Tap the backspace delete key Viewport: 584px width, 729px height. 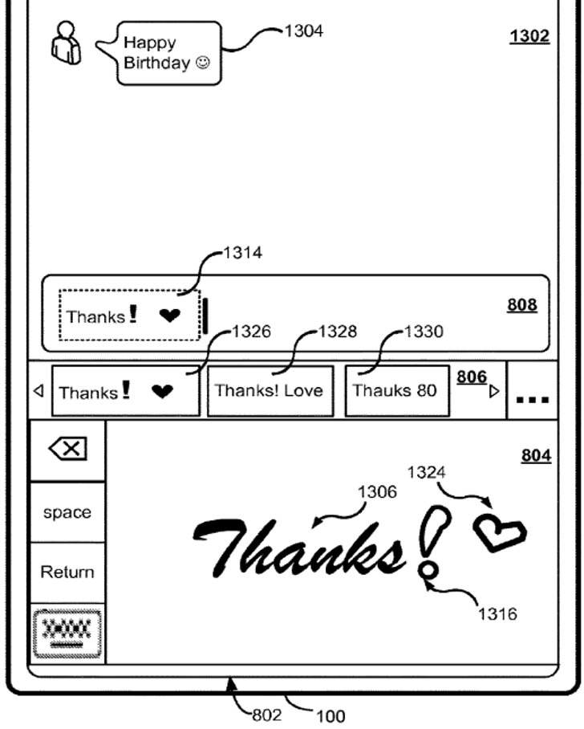68,449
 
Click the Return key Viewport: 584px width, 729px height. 68,572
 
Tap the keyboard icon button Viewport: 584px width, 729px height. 67,633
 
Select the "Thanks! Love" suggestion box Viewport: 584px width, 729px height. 270,391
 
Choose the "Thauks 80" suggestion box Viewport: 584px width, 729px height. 397,391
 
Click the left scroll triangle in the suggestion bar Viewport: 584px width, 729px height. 39,391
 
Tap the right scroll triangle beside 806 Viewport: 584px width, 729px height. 494,392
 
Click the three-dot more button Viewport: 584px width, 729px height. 533,399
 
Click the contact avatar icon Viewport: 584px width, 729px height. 66,43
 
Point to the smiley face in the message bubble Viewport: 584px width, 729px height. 203,63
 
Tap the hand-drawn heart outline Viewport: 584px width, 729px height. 500,531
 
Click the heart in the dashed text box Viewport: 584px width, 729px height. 169,316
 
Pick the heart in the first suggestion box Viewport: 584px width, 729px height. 162,392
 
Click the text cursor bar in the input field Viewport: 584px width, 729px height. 205,316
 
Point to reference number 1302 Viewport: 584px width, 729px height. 529,36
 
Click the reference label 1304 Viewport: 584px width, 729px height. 304,31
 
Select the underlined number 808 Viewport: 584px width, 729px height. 522,305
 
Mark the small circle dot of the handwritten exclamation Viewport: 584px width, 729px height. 428,569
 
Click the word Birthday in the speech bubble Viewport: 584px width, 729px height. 157,63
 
